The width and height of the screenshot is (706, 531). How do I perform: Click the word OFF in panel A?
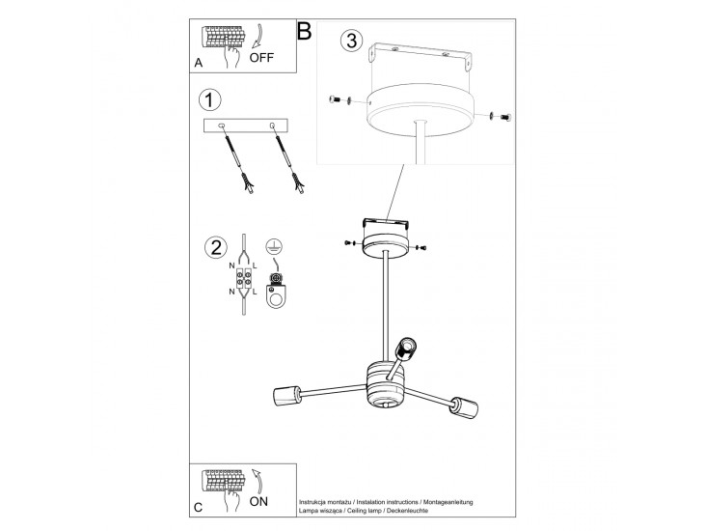pos(261,58)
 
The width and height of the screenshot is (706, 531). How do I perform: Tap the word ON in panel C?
pos(258,501)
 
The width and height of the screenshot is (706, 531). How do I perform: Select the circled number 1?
pos(210,99)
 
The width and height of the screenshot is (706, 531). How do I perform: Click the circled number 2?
pos(216,247)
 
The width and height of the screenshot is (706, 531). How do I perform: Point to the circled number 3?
pos(352,41)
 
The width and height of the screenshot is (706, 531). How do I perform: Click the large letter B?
pos(305,31)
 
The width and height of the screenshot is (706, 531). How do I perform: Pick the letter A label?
pos(198,63)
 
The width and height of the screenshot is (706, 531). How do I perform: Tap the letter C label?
pos(198,508)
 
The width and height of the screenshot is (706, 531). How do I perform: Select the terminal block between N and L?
pos(244,279)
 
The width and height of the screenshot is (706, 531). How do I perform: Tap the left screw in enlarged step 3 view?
pos(334,99)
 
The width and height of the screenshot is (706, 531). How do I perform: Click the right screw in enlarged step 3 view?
pos(505,117)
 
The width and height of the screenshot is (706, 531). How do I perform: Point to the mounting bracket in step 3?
pos(421,55)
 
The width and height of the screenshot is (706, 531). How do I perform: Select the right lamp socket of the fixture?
pos(464,407)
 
